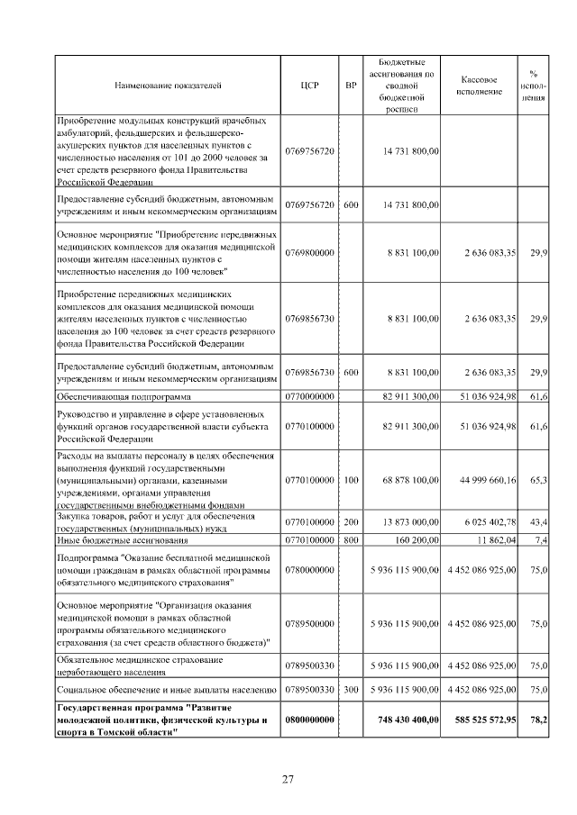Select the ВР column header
click(351, 86)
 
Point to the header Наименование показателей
click(169, 86)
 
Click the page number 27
click(288, 779)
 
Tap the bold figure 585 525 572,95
click(482, 720)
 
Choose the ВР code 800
click(351, 539)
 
